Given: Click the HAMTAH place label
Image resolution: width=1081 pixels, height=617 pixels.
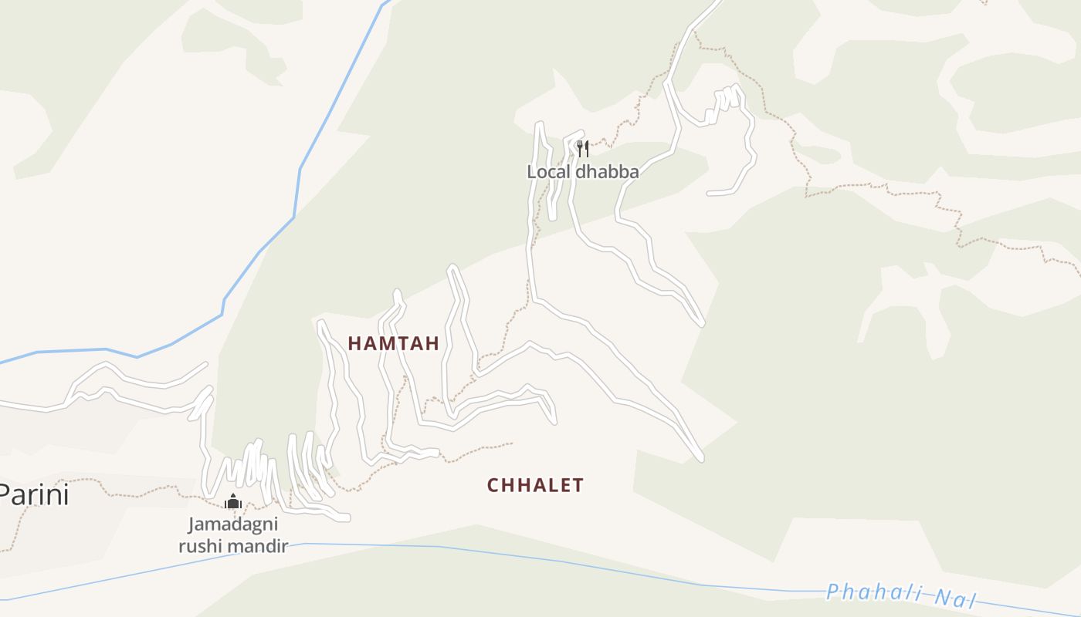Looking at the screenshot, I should click(x=394, y=344).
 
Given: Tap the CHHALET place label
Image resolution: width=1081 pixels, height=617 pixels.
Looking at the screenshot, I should click(x=535, y=485).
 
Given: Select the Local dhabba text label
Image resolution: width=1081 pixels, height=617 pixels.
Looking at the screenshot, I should click(x=583, y=172).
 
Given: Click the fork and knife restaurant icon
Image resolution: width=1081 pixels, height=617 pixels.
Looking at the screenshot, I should click(x=583, y=148).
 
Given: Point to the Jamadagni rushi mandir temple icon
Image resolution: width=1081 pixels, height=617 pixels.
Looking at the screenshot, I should click(x=233, y=502).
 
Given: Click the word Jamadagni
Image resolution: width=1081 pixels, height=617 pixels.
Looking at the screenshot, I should click(x=233, y=525).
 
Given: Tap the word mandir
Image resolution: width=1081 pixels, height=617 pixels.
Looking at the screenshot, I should click(x=259, y=547).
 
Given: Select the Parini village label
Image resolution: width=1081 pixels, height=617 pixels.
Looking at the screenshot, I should click(x=35, y=494).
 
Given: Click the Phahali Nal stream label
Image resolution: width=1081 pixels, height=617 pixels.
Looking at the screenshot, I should click(x=901, y=595).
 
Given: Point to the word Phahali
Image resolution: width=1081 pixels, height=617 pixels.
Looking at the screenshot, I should click(x=874, y=593).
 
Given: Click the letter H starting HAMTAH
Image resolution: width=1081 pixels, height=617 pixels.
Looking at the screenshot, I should click(x=354, y=344).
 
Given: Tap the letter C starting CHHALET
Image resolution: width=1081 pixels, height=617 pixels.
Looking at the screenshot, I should click(x=493, y=485).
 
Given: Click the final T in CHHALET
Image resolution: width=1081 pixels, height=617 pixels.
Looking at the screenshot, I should click(x=578, y=485).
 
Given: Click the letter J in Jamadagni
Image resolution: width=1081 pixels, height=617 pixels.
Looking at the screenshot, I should click(x=192, y=525).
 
